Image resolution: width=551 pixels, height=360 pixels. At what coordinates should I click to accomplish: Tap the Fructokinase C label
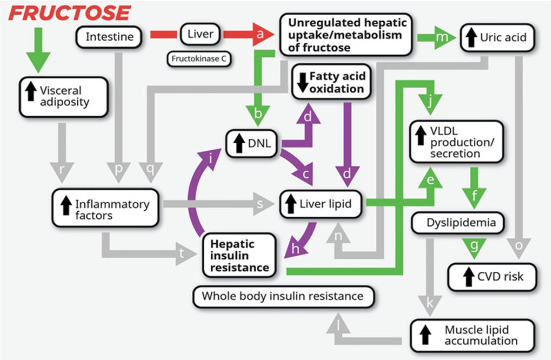coord(199,59)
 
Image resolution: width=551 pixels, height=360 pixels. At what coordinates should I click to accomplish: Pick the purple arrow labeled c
coord(304,174)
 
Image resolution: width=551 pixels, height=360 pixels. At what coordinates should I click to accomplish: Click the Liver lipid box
coord(320,204)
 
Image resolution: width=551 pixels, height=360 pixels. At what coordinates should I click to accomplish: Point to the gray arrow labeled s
coord(259,204)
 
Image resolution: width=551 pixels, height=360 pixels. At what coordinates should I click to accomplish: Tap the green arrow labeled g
coord(474,245)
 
